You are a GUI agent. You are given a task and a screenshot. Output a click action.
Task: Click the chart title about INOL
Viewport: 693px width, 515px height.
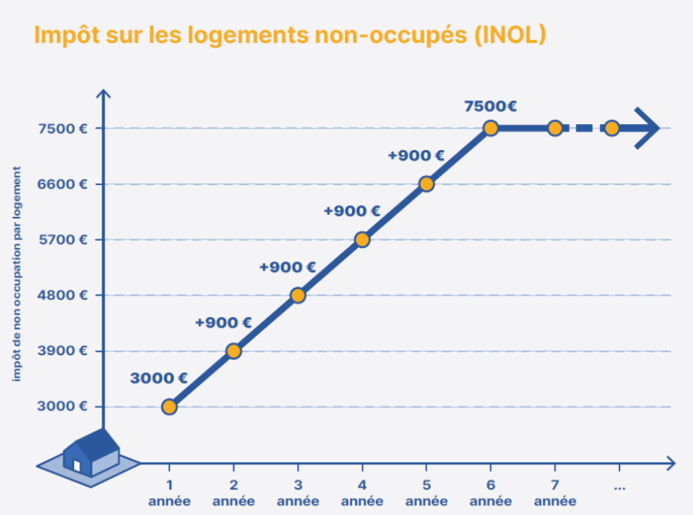[x=290, y=35]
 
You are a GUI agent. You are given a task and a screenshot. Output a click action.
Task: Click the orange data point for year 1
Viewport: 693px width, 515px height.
[x=169, y=407]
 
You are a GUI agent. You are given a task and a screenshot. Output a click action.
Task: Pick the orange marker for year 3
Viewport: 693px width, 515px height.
[x=298, y=295]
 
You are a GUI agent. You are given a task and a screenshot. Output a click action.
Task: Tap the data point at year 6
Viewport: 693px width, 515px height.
[x=490, y=128]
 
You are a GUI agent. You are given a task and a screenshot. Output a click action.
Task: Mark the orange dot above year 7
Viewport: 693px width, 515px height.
[x=555, y=128]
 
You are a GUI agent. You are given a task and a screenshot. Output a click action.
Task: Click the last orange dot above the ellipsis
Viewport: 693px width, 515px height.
[x=611, y=128]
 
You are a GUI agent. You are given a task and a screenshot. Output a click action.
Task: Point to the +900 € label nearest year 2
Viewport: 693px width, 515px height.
[x=223, y=323]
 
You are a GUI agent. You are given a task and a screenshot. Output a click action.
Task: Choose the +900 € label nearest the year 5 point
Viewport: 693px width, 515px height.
[x=416, y=156]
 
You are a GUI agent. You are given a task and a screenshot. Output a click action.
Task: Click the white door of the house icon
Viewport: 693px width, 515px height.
[x=77, y=466]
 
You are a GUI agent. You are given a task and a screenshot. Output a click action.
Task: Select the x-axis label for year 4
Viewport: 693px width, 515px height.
[x=362, y=493]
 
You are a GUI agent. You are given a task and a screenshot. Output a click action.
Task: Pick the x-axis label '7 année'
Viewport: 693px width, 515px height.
[x=555, y=493]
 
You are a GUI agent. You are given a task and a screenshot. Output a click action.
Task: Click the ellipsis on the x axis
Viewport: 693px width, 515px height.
[x=619, y=486]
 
